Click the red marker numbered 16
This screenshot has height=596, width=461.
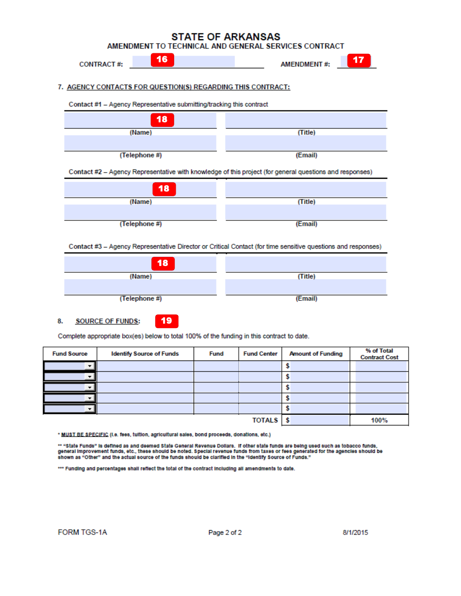[162, 60]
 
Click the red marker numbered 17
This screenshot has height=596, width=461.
[358, 60]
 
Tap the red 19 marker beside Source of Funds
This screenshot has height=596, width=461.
[166, 321]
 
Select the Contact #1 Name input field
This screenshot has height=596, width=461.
[140, 120]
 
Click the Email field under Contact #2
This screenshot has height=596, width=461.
[306, 212]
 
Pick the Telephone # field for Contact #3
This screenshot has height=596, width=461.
[140, 286]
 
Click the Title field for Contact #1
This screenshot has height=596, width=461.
[306, 120]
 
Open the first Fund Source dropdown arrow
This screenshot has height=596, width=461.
[89, 366]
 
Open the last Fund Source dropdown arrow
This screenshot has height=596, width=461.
[89, 409]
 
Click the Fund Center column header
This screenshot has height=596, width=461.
[260, 354]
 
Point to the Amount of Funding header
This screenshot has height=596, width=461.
[315, 354]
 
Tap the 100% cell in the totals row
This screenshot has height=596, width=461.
[379, 421]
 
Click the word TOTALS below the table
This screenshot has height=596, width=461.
[265, 421]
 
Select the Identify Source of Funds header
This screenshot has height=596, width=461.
[145, 354]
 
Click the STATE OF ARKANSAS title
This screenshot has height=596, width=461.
[226, 37]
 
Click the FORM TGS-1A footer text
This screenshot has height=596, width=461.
[82, 533]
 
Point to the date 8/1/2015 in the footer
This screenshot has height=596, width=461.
[355, 533]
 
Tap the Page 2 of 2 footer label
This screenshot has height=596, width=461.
[225, 533]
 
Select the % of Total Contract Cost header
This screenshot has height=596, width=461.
[379, 354]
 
